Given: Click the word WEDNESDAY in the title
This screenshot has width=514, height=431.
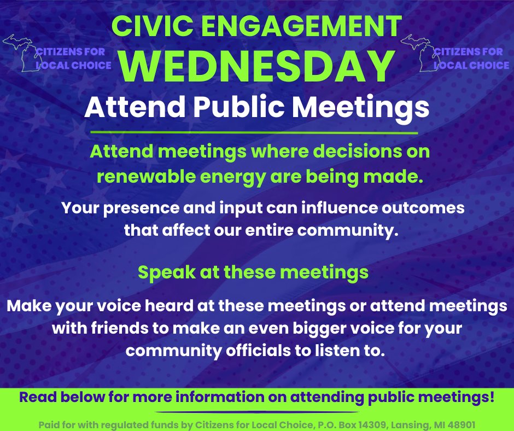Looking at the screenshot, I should (x=257, y=66).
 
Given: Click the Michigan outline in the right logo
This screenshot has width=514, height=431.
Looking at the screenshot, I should (x=418, y=52).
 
